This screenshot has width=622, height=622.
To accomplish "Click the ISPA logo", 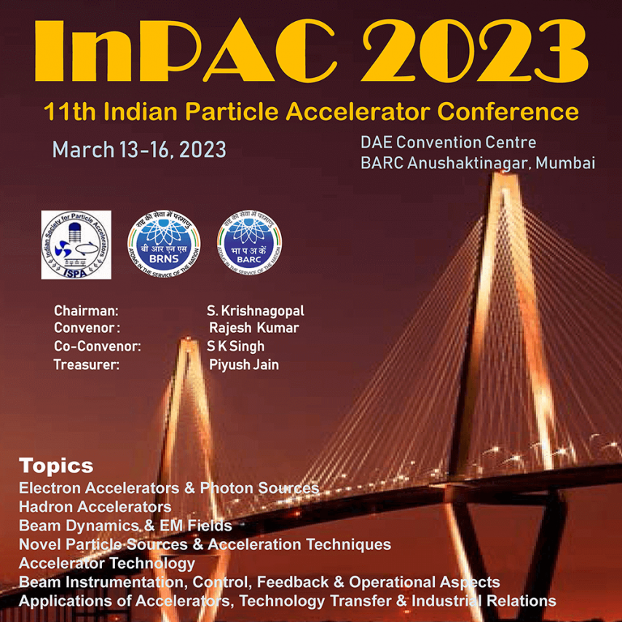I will point(76,244).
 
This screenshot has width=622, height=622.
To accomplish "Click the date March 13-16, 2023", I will point(139,150).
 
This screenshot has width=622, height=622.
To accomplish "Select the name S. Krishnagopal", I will point(255,311).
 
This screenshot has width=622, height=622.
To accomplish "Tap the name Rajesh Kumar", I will point(253,328).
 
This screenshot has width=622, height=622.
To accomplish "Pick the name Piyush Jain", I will point(243,365).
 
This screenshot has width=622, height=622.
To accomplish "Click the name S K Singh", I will point(235,346).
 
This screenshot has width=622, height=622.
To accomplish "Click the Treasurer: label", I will point(86,365).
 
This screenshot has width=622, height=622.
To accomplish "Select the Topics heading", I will point(56,465).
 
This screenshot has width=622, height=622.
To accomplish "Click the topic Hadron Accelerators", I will point(95,506).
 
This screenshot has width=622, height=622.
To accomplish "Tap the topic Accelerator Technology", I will point(107,563).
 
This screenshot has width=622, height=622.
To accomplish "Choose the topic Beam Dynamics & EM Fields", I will point(125,525).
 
